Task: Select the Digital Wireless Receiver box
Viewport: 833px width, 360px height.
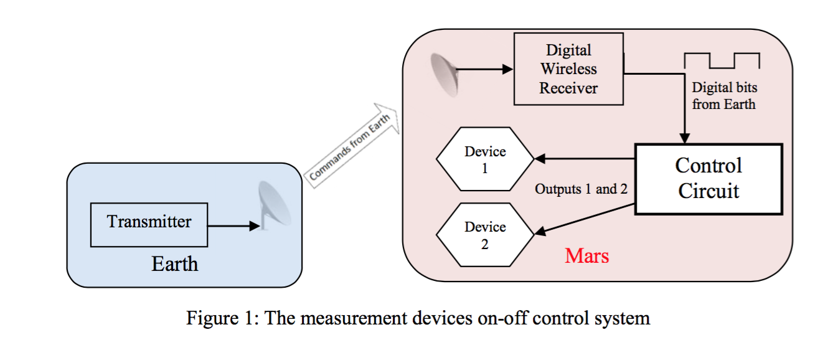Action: pyautogui.click(x=568, y=69)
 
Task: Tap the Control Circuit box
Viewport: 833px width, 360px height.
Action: pyautogui.click(x=708, y=179)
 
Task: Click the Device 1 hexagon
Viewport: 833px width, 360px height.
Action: pyautogui.click(x=485, y=159)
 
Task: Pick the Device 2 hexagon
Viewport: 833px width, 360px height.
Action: pyautogui.click(x=485, y=235)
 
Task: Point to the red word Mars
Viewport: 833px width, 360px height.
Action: pyautogui.click(x=586, y=255)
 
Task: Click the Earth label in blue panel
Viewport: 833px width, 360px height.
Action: pyautogui.click(x=174, y=264)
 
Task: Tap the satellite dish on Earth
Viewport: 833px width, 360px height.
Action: pyautogui.click(x=273, y=206)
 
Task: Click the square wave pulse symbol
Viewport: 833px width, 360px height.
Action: pyautogui.click(x=722, y=60)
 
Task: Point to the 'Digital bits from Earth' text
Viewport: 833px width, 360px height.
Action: pyautogui.click(x=724, y=96)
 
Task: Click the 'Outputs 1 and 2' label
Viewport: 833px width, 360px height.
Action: pyautogui.click(x=581, y=189)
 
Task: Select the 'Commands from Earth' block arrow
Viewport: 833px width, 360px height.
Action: pyautogui.click(x=352, y=143)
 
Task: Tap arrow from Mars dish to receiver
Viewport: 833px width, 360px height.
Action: pyautogui.click(x=486, y=70)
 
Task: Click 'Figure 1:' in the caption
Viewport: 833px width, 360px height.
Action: pyautogui.click(x=221, y=318)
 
